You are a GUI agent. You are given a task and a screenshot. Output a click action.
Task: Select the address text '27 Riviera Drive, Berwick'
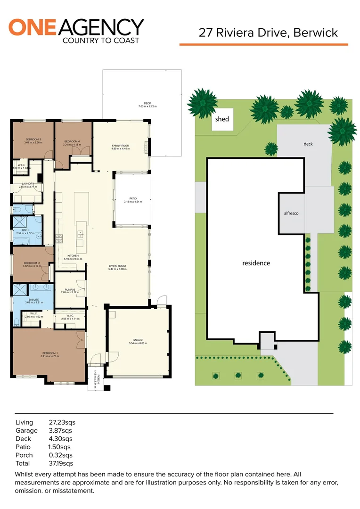pyautogui.click(x=268, y=33)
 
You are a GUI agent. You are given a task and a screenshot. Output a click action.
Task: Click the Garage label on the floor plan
pyautogui.click(x=138, y=340)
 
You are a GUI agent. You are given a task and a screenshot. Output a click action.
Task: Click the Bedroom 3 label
pyautogui.click(x=33, y=140)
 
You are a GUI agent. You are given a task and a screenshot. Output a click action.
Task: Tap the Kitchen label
pyautogui.click(x=73, y=256)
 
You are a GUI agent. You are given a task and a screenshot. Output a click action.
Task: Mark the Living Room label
pyautogui.click(x=117, y=266)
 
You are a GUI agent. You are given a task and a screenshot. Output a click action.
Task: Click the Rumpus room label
pyautogui.click(x=70, y=290)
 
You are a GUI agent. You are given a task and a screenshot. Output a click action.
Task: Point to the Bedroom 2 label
pyautogui.click(x=32, y=263)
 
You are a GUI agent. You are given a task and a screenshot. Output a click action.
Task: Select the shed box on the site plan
pyautogui.click(x=222, y=119)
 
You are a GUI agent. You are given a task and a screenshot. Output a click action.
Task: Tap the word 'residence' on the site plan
pyautogui.click(x=256, y=263)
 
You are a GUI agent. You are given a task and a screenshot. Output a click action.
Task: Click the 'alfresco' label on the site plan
pyautogui.click(x=291, y=213)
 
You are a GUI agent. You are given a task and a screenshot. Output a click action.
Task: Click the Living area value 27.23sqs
pyautogui.click(x=62, y=422)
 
